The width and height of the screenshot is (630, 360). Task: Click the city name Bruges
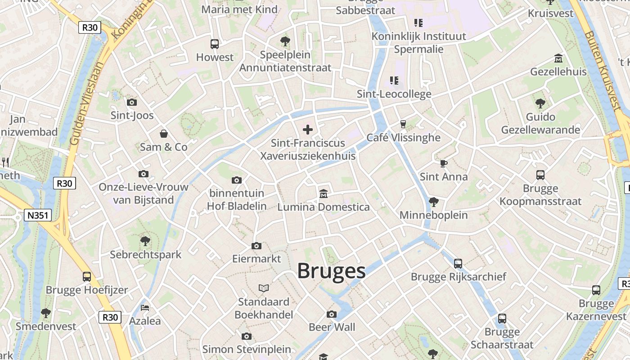pos(331,271)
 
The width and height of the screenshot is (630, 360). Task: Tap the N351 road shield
pos(38,216)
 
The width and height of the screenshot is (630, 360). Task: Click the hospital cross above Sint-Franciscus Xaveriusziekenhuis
pos(308,130)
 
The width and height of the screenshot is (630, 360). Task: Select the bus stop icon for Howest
pos(215,44)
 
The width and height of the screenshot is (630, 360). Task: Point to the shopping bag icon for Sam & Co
pos(164,134)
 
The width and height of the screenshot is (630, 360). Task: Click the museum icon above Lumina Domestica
pos(323,193)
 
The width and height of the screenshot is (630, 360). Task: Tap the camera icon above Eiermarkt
pos(256,246)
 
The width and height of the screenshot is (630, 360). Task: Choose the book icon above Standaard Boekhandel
pos(264,288)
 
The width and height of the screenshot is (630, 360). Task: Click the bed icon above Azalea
pos(145,307)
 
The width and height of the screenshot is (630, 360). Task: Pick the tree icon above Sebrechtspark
pos(145,241)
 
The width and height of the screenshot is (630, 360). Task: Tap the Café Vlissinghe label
pos(403,137)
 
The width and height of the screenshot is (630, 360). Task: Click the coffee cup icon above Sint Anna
pos(444,163)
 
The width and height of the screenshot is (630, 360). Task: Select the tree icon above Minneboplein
pos(434,202)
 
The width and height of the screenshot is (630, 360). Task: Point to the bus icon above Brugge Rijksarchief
pos(458,263)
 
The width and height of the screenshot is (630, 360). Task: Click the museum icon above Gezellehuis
pos(558,58)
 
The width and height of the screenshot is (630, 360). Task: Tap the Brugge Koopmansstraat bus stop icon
pos(540,175)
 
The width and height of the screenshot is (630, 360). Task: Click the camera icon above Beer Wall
pos(332,314)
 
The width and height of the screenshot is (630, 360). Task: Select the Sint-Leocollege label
pos(394,94)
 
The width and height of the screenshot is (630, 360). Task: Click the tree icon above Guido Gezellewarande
pos(540,103)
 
